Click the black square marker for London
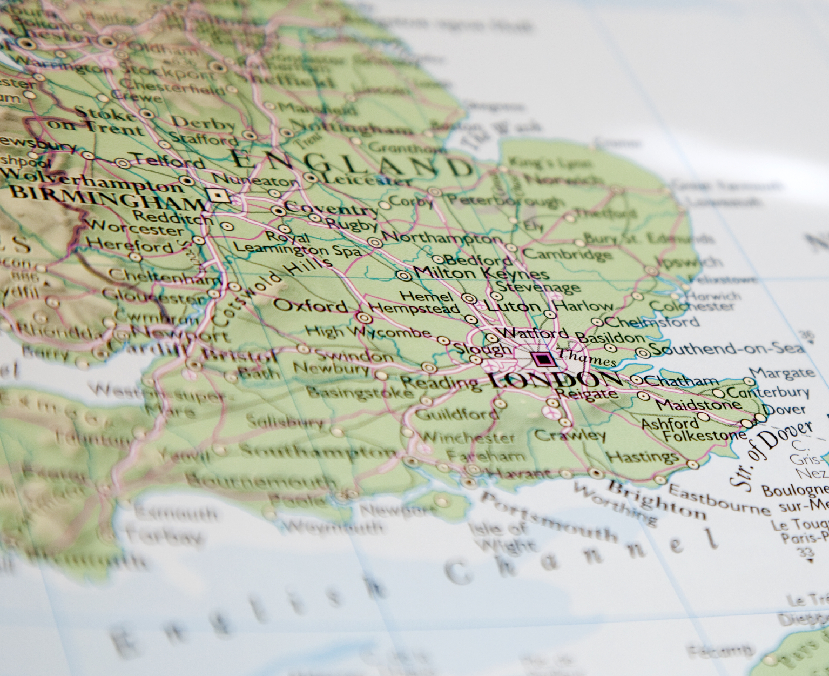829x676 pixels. [542, 359]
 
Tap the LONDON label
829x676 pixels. [546, 380]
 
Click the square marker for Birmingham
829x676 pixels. [219, 196]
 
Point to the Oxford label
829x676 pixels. [311, 306]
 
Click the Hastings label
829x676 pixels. [643, 457]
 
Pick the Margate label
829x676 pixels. [783, 373]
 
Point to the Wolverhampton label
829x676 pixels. [92, 181]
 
